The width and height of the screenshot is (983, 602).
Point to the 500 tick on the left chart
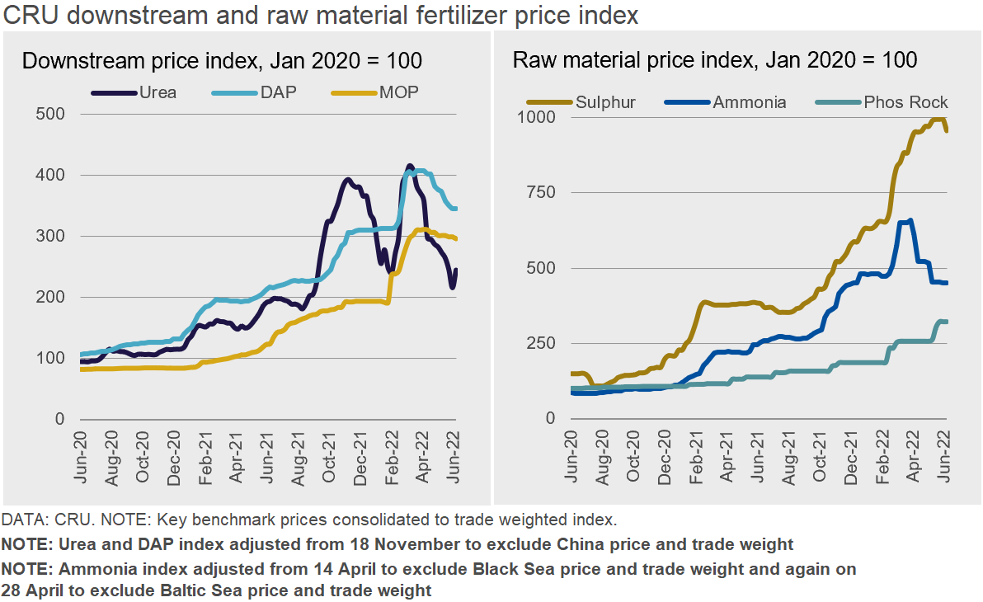(x=51, y=114)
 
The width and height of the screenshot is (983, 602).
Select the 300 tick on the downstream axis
(x=51, y=236)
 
